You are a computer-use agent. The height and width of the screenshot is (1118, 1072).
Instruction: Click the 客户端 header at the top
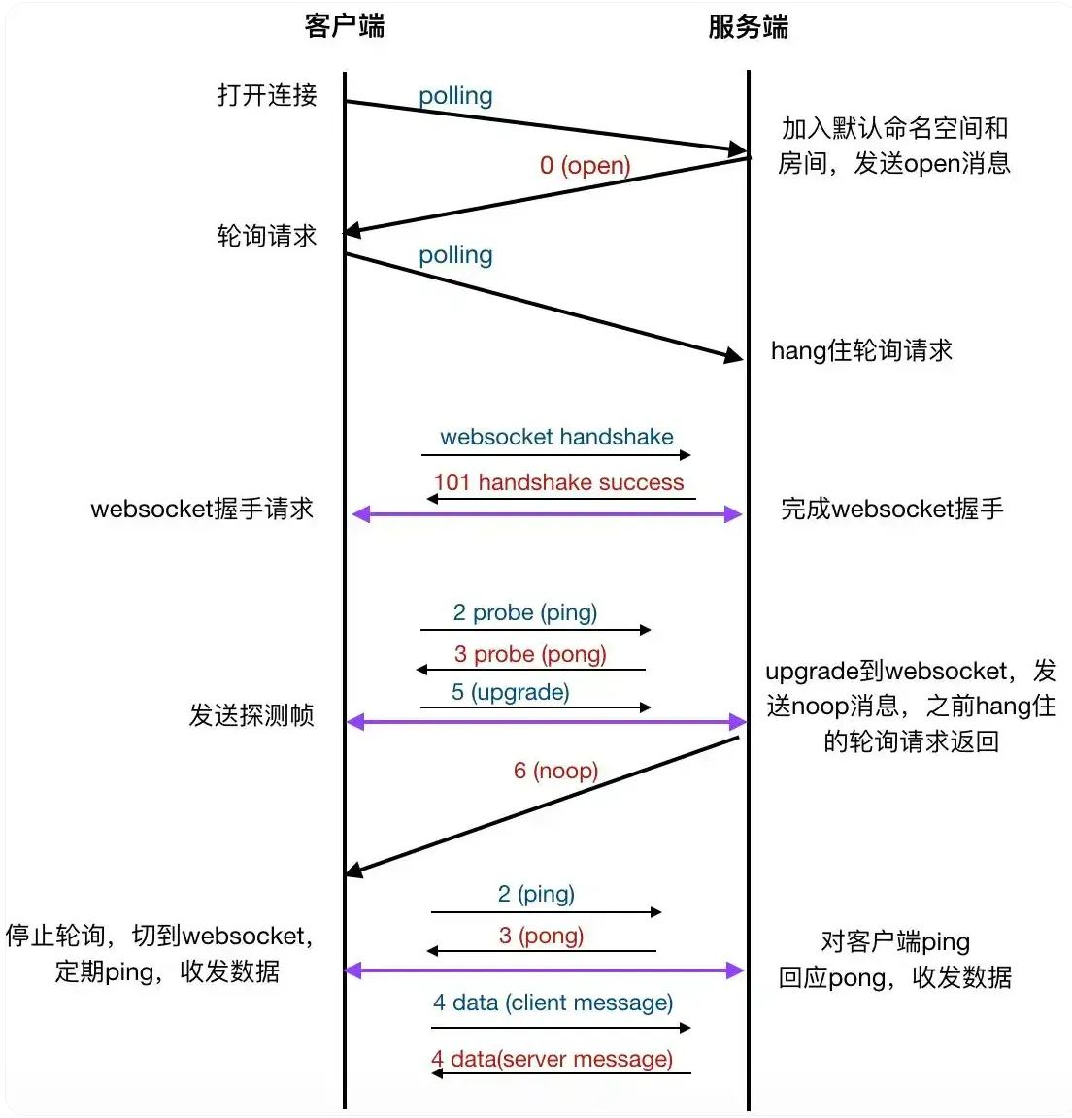pyautogui.click(x=345, y=26)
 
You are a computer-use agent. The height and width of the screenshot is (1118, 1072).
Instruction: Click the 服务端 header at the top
pyautogui.click(x=748, y=26)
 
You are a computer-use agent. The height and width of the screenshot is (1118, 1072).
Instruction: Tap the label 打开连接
pyautogui.click(x=267, y=95)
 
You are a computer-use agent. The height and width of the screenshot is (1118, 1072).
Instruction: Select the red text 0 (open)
pyautogui.click(x=585, y=165)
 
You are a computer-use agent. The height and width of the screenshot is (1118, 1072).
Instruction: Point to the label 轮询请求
pyautogui.click(x=267, y=236)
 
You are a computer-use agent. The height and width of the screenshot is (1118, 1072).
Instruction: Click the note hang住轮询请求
pyautogui.click(x=861, y=350)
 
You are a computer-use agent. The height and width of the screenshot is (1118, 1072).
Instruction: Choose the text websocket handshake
pyautogui.click(x=556, y=437)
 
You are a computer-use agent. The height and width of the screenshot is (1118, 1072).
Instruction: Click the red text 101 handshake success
pyautogui.click(x=558, y=482)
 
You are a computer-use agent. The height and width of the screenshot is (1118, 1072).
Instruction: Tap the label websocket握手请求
pyautogui.click(x=202, y=509)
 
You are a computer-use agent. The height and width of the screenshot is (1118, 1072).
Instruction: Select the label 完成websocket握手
pyautogui.click(x=891, y=509)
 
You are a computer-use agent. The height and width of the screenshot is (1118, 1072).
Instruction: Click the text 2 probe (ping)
pyautogui.click(x=524, y=612)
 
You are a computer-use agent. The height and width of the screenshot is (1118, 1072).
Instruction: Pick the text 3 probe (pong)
pyautogui.click(x=530, y=654)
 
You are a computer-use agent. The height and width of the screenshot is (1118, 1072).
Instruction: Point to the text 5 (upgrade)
pyautogui.click(x=510, y=692)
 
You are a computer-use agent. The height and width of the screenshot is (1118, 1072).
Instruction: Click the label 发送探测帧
pyautogui.click(x=251, y=715)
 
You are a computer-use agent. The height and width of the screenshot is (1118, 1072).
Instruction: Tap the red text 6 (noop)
pyautogui.click(x=555, y=771)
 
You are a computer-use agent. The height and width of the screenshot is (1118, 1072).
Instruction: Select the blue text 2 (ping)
pyautogui.click(x=536, y=894)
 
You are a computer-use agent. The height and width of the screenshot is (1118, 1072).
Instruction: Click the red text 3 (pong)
pyautogui.click(x=541, y=936)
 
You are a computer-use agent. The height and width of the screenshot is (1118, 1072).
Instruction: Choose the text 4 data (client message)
pyautogui.click(x=553, y=1003)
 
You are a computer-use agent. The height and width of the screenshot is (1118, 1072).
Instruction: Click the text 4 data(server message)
pyautogui.click(x=552, y=1059)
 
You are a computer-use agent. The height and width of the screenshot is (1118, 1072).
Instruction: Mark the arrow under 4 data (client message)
pyautogui.click(x=560, y=1027)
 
